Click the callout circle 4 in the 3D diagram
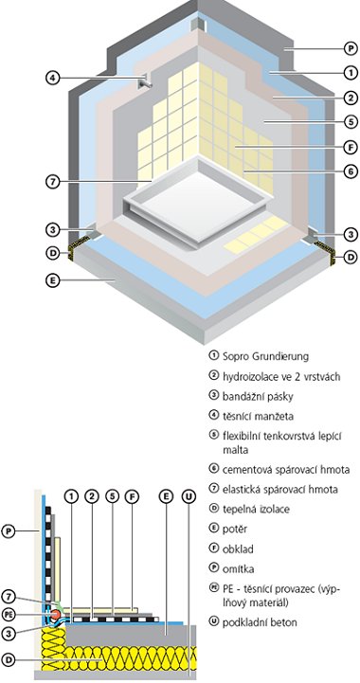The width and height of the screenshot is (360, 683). click(52, 78)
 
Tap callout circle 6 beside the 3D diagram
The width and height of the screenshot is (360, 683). click(351, 171)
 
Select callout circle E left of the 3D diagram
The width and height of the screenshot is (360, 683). click(52, 280)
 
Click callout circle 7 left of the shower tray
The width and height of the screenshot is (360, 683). click(52, 181)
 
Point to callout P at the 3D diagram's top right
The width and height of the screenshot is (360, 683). click(351, 48)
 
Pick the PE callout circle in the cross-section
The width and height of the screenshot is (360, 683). click(9, 614)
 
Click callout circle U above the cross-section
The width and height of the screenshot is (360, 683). click(189, 496)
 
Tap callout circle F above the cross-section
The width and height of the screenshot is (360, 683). click(132, 496)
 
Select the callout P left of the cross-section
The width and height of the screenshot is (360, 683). click(9, 531)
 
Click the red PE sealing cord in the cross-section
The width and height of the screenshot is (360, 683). click(55, 615)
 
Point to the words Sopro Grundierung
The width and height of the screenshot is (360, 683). click(265, 356)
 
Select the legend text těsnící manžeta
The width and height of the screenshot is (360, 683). click(258, 417)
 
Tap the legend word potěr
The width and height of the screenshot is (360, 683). click(235, 530)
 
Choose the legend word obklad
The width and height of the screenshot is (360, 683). click(238, 549)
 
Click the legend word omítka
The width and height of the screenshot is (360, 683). click(238, 569)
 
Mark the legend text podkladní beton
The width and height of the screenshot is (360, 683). click(260, 622)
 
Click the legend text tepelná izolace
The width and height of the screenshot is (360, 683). click(256, 510)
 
